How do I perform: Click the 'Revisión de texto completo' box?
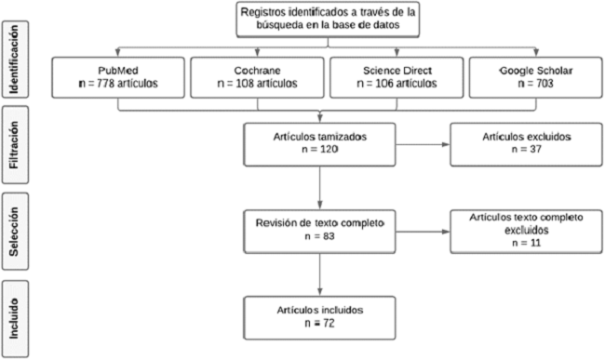click(319, 229)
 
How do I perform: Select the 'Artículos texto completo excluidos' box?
click(517, 229)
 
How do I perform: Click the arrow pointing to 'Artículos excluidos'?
click(423, 146)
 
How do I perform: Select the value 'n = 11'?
click(515, 242)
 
